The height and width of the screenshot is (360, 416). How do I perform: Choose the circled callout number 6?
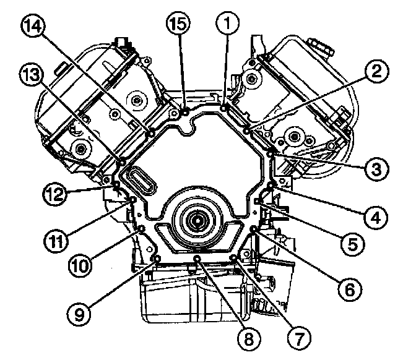(349, 288)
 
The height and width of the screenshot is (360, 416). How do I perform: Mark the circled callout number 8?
(249, 338)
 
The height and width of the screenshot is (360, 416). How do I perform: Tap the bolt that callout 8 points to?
(197, 258)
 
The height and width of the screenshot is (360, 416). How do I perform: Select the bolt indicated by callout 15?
(185, 112)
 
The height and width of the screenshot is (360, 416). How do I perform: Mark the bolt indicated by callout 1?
(223, 109)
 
